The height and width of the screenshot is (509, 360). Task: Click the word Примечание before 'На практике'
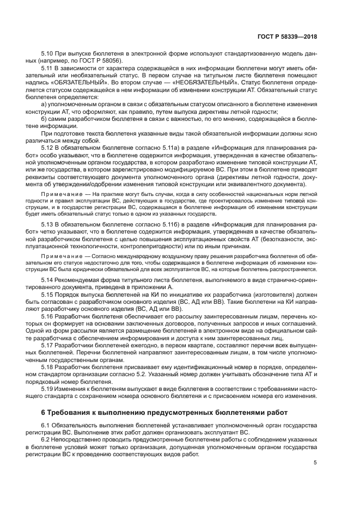click(x=58, y=194)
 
